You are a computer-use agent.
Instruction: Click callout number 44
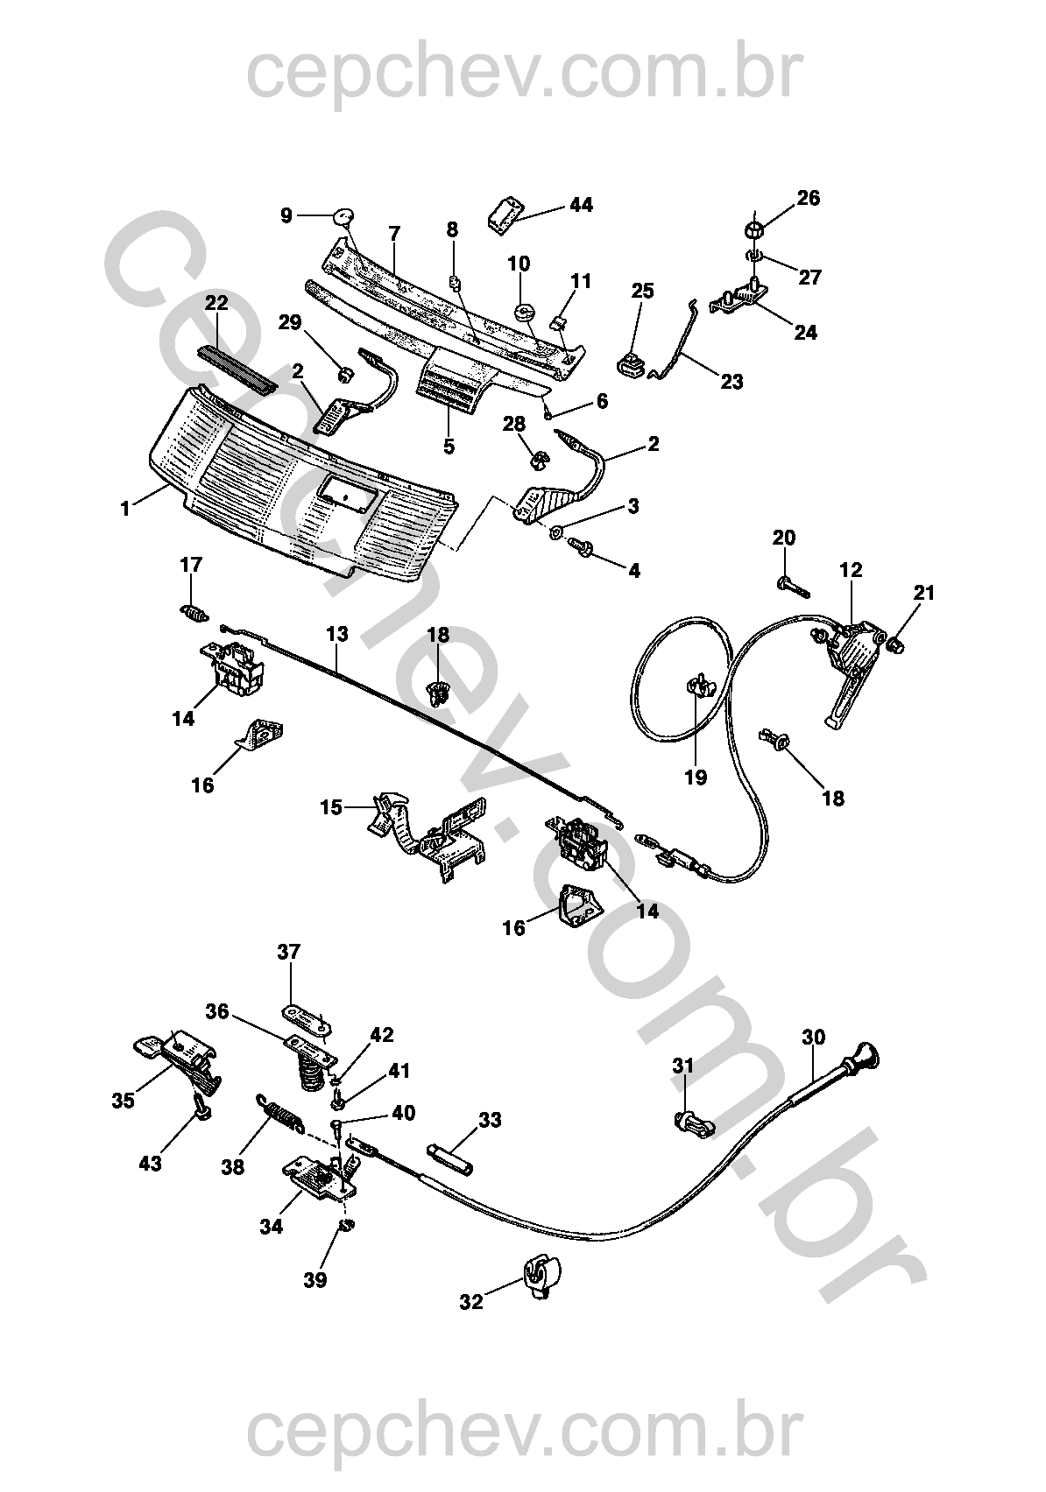click(x=581, y=205)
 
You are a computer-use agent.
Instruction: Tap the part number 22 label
click(x=216, y=303)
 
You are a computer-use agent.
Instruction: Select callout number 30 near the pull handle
click(x=813, y=1038)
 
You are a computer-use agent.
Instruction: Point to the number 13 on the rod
click(x=337, y=633)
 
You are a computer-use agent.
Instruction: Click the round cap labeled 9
click(x=344, y=215)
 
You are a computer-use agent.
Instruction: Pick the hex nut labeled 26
click(x=754, y=229)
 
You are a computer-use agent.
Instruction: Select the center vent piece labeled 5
click(x=451, y=389)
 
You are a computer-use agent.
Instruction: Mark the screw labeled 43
click(x=201, y=1108)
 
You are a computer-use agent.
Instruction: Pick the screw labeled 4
click(x=582, y=546)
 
